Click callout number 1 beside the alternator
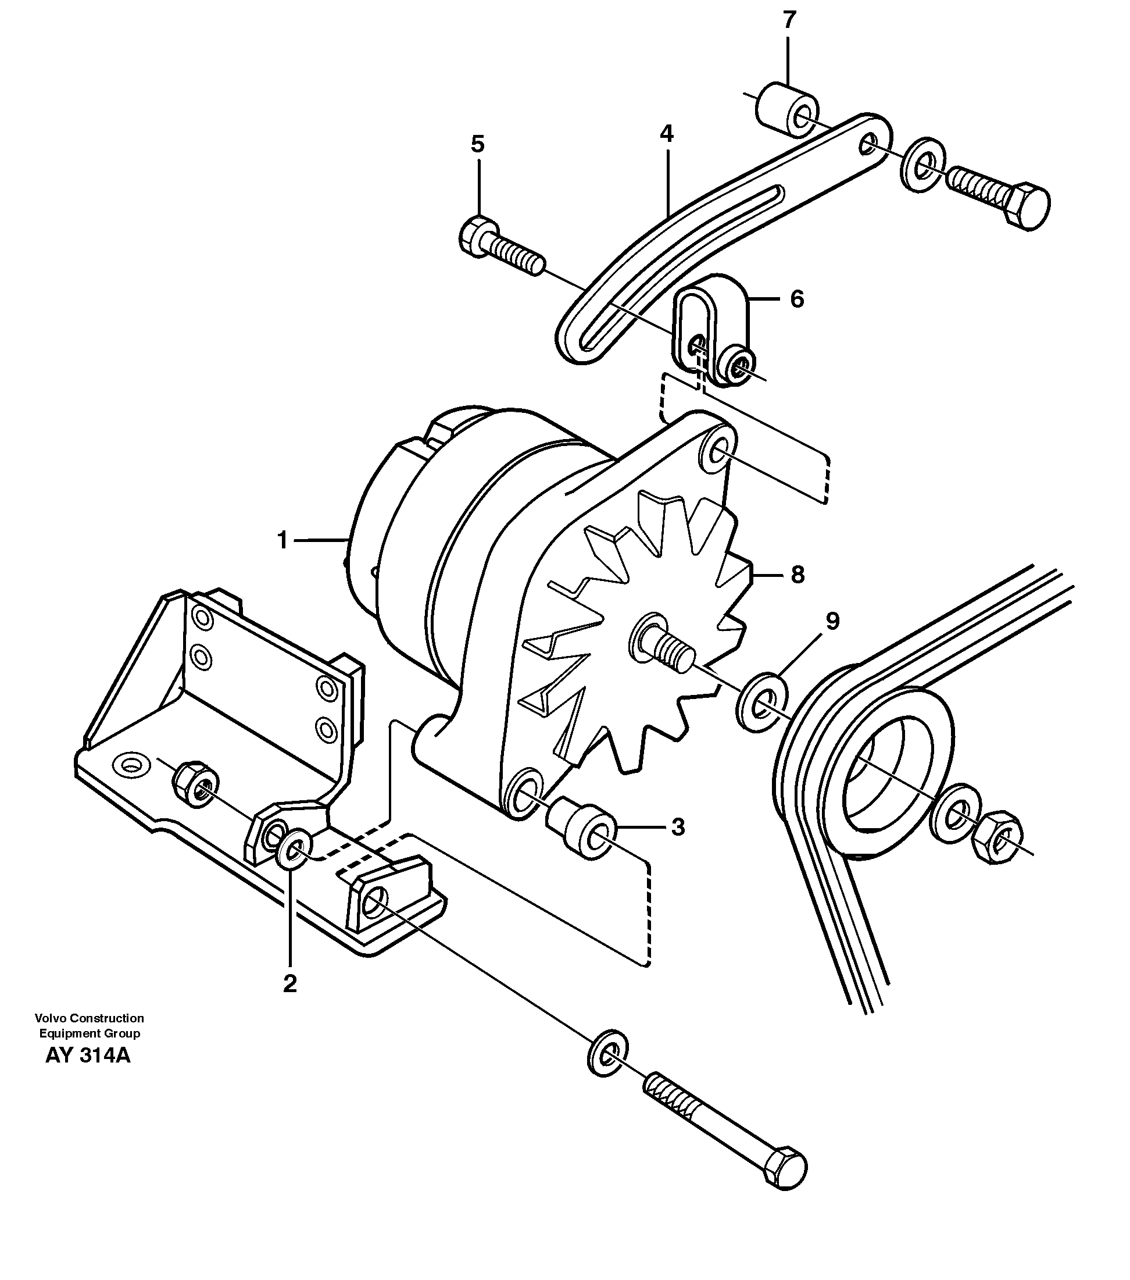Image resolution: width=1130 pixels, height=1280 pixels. click(x=282, y=540)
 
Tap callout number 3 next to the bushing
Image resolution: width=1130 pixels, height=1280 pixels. click(x=678, y=827)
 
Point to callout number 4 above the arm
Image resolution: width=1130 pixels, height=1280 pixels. click(x=666, y=133)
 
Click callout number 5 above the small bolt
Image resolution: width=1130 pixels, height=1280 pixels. click(x=478, y=145)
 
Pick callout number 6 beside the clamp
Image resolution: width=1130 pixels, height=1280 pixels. click(x=796, y=300)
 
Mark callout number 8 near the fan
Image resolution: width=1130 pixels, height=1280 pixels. click(x=797, y=574)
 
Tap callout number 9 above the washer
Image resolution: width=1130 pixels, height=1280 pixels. click(x=832, y=621)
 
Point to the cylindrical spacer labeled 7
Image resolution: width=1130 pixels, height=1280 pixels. click(x=784, y=110)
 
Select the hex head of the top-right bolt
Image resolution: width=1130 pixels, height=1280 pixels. click(x=1027, y=206)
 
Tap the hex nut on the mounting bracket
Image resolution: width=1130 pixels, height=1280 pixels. click(x=195, y=779)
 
